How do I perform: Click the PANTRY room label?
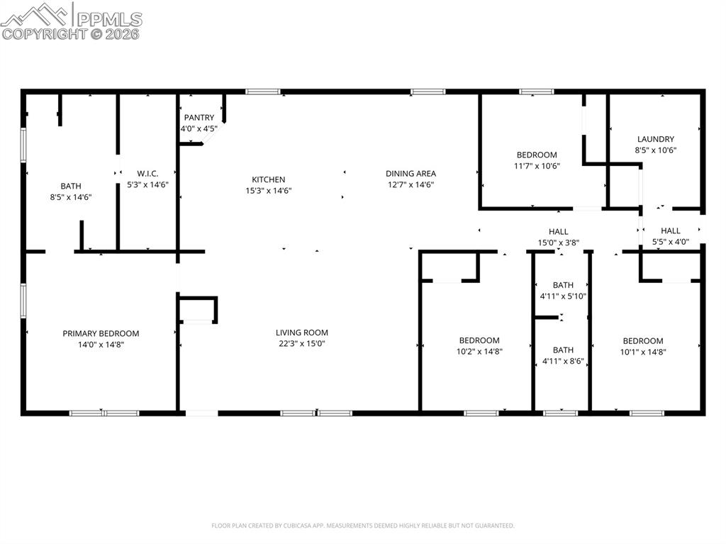point(199,118)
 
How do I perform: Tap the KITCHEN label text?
point(268,180)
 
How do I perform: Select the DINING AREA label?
point(411,174)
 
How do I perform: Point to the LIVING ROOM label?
point(301,333)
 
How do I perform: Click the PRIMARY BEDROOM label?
point(101,333)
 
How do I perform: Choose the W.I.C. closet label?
point(147,174)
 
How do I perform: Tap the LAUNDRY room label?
point(655,140)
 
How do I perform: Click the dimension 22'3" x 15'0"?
point(301,344)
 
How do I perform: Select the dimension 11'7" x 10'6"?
point(536,166)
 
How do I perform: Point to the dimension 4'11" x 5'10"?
point(563,296)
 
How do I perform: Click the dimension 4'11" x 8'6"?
point(563,361)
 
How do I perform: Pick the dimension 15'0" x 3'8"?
point(558,243)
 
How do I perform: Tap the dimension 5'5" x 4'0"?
point(670,242)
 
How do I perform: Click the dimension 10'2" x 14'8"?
point(479,351)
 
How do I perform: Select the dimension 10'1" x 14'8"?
point(642,351)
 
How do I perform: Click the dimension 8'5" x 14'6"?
point(70,197)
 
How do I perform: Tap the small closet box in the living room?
point(198,310)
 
